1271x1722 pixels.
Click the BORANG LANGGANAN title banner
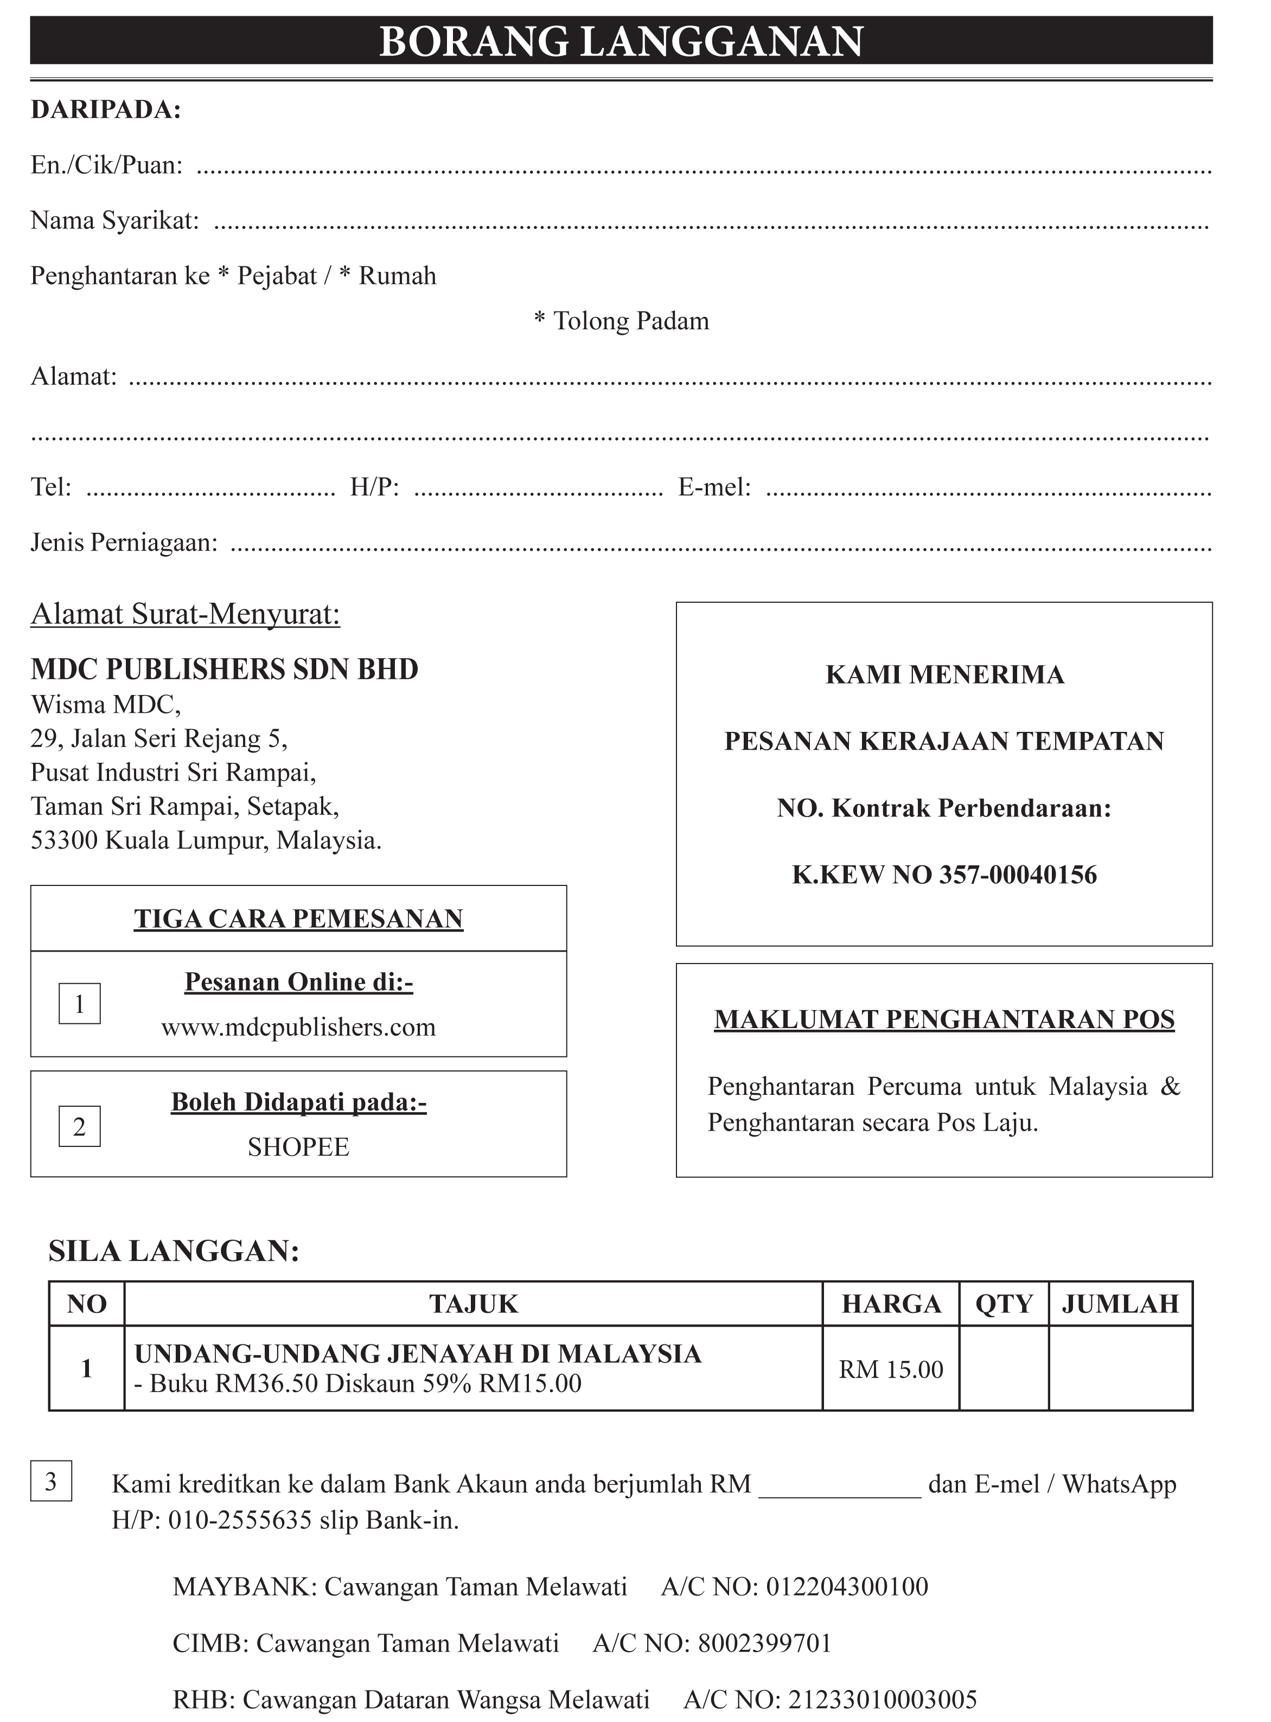(x=621, y=41)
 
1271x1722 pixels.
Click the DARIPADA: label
(x=105, y=110)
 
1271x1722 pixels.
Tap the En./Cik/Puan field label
(x=107, y=165)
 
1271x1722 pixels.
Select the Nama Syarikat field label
(x=114, y=221)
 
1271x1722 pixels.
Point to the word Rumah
(x=397, y=276)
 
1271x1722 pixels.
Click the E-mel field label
(x=714, y=487)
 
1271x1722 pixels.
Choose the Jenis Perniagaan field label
(x=124, y=543)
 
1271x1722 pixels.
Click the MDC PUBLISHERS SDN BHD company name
(x=224, y=669)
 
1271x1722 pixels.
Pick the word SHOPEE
(x=298, y=1147)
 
